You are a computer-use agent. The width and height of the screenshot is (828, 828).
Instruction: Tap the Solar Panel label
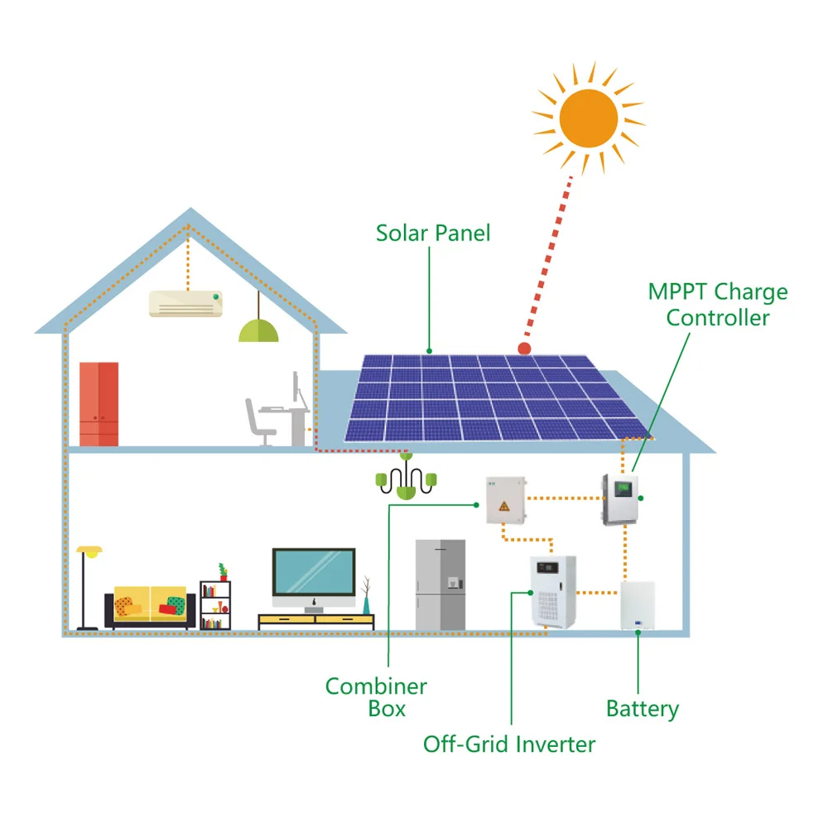point(433,233)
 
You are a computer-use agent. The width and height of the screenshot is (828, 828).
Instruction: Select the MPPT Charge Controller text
point(718,304)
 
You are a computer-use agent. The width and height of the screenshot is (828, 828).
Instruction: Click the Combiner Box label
point(376,697)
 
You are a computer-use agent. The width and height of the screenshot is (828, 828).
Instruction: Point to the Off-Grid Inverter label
point(508,744)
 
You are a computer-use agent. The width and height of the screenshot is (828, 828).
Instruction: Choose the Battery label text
point(642,709)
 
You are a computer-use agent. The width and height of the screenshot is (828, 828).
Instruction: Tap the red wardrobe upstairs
point(99,403)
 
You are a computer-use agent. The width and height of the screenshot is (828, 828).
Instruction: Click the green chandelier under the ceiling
point(406,480)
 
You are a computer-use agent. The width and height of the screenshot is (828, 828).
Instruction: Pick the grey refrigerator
point(440,584)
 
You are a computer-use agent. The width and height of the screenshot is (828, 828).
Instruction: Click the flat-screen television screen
point(314,570)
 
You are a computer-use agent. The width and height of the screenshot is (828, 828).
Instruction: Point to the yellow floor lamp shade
point(89,551)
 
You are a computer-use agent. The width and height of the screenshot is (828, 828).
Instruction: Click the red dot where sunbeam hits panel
point(523,349)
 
